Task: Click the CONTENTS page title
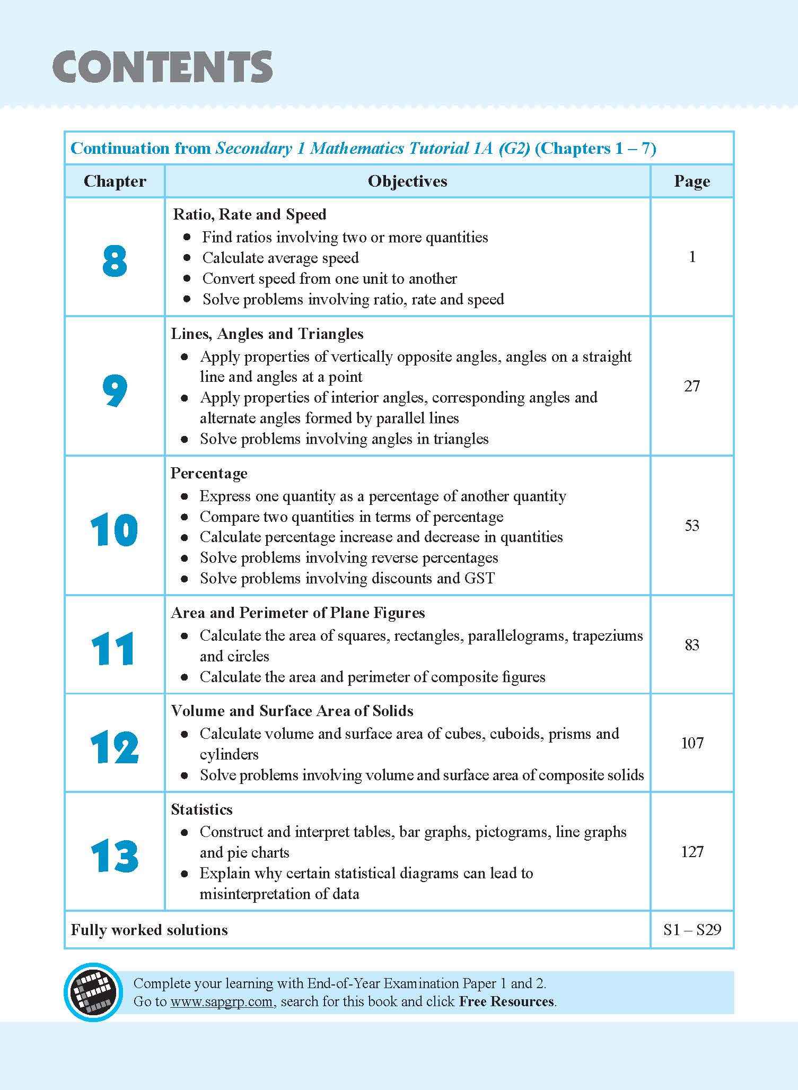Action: pyautogui.click(x=162, y=67)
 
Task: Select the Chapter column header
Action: pyautogui.click(x=115, y=181)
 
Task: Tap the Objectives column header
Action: pyautogui.click(x=407, y=181)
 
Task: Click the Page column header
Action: pyautogui.click(x=691, y=181)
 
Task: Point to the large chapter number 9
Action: pyautogui.click(x=115, y=391)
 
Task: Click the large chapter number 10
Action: pyautogui.click(x=115, y=530)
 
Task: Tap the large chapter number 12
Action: pyautogui.click(x=115, y=747)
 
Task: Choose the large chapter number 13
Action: pyautogui.click(x=115, y=857)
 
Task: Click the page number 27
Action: pyautogui.click(x=691, y=386)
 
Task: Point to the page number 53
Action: pyautogui.click(x=691, y=526)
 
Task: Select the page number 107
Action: pyautogui.click(x=691, y=743)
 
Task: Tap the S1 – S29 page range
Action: pyautogui.click(x=691, y=930)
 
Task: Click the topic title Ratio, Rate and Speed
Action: pyautogui.click(x=249, y=215)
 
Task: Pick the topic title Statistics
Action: pyautogui.click(x=201, y=809)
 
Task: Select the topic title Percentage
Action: pyautogui.click(x=209, y=473)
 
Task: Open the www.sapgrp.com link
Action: pyautogui.click(x=221, y=1001)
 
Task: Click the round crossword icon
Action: pyautogui.click(x=90, y=991)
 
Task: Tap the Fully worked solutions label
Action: pyautogui.click(x=149, y=930)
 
